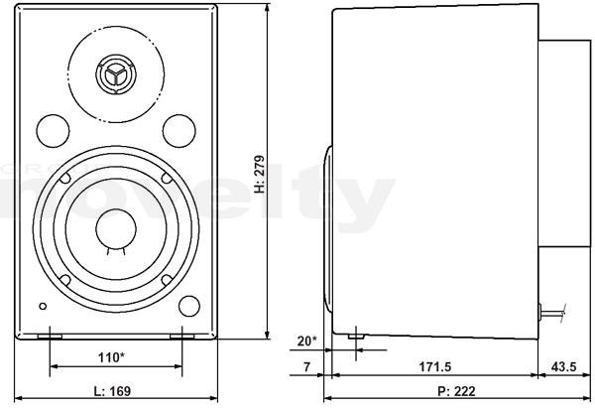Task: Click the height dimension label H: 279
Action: point(260,174)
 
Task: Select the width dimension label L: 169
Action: point(112,391)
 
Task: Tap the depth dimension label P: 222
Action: point(456,391)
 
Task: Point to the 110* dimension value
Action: point(111,357)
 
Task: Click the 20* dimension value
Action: point(306,342)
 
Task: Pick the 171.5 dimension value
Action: point(435,367)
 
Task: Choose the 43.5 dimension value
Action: point(563,367)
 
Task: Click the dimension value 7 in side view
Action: point(306,367)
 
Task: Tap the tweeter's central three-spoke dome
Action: point(115,74)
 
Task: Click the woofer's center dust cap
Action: point(116,228)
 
